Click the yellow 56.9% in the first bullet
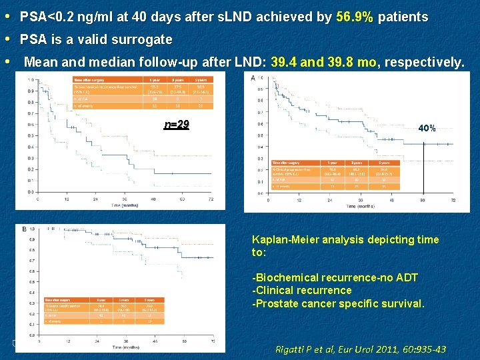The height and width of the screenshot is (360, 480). click(x=355, y=17)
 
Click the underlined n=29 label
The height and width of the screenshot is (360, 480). click(x=177, y=125)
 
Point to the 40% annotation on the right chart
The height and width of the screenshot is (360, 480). click(x=427, y=128)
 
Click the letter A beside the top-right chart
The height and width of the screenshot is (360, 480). click(x=253, y=78)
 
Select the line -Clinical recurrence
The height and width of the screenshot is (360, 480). click(x=301, y=290)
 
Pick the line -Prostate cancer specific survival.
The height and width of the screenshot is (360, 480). click(x=337, y=303)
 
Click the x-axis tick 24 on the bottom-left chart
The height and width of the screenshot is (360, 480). click(x=97, y=341)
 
